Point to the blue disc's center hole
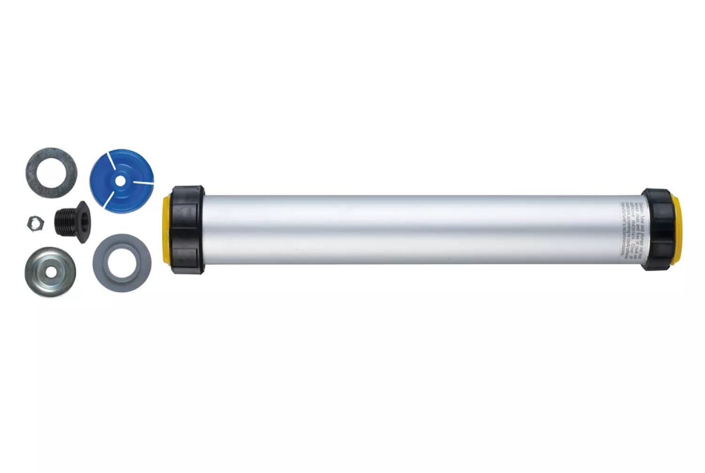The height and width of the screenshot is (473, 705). [121, 180]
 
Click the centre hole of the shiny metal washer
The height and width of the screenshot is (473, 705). [50, 272]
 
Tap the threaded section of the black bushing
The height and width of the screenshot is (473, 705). [64, 221]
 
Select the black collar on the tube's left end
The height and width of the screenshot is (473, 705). [187, 229]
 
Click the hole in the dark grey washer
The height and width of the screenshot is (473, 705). [51, 172]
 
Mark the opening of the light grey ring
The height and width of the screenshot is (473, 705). [122, 263]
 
